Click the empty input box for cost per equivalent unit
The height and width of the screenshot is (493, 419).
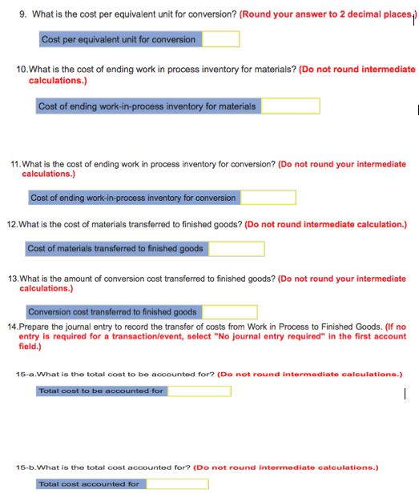[220, 39]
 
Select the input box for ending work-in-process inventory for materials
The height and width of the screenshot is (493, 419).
[290, 106]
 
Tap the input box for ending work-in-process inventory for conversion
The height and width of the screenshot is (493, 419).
[268, 198]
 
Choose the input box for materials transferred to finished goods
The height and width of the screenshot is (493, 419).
[236, 249]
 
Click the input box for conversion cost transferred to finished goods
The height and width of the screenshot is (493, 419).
[228, 312]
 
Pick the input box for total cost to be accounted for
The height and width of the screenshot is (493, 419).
[199, 391]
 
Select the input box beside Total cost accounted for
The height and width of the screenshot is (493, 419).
[176, 484]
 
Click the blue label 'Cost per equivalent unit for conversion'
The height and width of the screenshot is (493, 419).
[119, 39]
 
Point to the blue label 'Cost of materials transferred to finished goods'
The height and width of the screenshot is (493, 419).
[115, 249]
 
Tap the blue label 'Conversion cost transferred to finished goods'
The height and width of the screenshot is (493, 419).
[112, 312]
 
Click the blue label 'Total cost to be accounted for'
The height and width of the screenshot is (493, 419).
[101, 391]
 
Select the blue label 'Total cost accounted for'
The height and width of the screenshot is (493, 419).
[89, 484]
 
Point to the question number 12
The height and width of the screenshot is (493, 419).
[11, 224]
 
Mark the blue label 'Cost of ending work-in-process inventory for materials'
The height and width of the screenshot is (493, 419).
[147, 106]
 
